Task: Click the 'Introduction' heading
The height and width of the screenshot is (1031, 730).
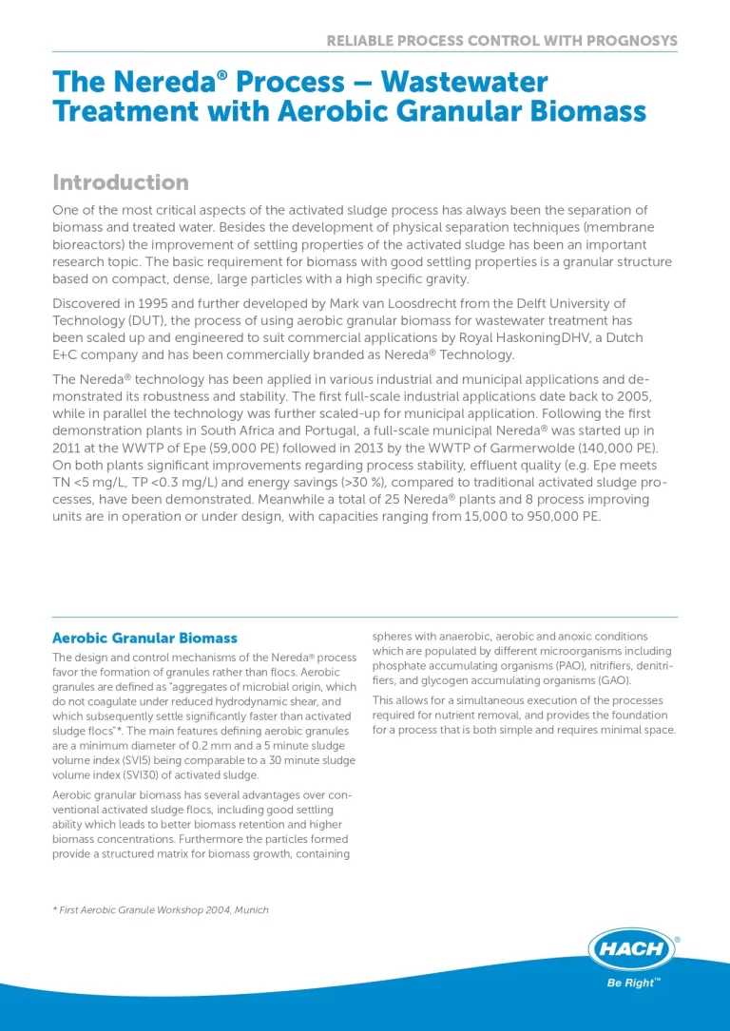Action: click(121, 182)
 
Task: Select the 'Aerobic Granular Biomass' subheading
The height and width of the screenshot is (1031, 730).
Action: click(144, 638)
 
